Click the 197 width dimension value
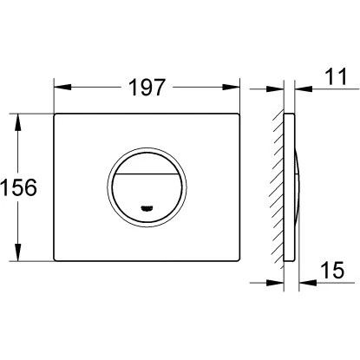pos(147,88)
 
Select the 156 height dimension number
pos(19,187)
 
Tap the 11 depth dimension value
pos(336,76)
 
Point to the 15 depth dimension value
pos(333,270)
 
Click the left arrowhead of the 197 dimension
pos(62,87)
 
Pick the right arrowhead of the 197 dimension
pos(231,87)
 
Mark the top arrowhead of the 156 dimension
pos(18,122)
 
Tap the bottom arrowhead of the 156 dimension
pos(18,252)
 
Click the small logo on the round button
pos(147,207)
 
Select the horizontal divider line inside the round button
pos(147,174)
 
